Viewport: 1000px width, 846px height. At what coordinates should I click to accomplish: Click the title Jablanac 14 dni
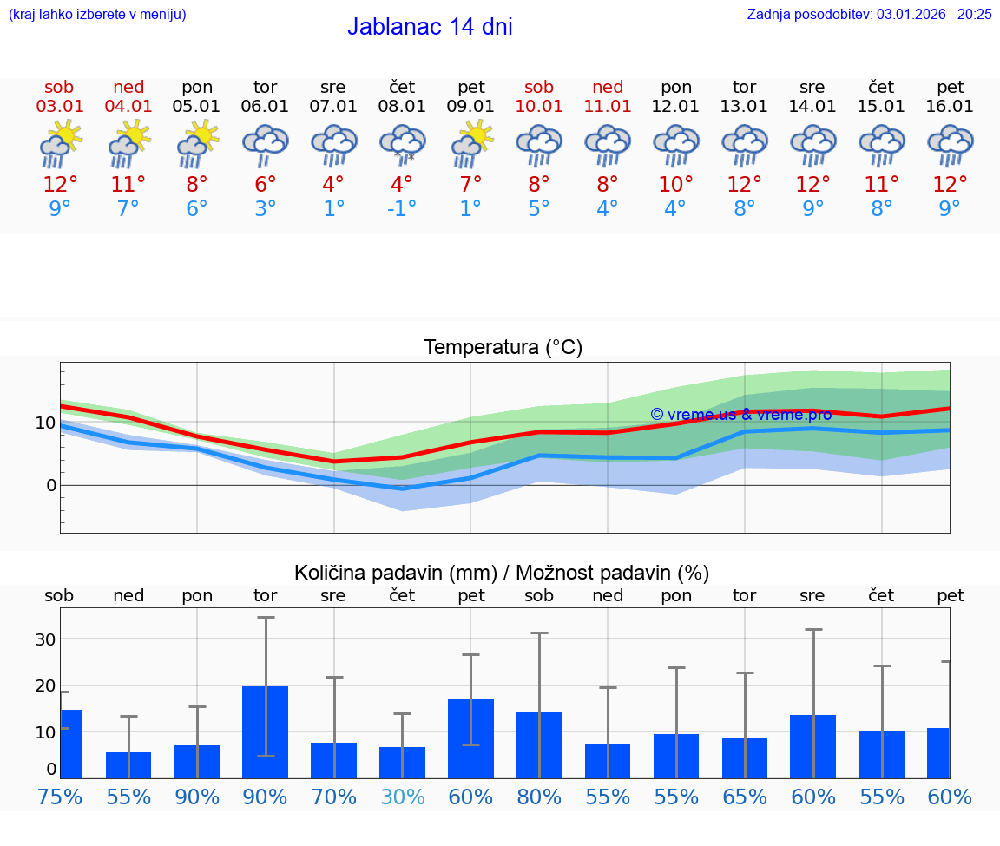[430, 27]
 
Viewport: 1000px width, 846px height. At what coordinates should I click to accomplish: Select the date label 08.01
[402, 107]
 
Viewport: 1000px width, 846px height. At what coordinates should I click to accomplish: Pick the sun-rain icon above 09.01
[471, 144]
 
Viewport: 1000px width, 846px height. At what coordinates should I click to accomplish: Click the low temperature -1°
[402, 209]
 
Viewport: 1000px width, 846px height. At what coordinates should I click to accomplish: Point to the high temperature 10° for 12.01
[675, 185]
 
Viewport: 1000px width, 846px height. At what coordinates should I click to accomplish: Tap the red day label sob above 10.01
[539, 88]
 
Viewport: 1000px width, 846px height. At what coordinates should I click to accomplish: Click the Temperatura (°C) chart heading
[503, 348]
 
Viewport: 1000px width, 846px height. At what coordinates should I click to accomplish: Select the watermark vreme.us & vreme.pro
[740, 415]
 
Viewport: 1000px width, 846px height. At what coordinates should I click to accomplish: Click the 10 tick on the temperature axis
[45, 423]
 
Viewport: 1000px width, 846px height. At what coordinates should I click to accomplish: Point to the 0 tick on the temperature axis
[51, 485]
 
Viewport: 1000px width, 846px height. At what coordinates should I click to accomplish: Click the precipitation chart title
[502, 573]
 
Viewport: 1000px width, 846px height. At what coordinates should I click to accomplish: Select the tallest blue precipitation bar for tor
[266, 731]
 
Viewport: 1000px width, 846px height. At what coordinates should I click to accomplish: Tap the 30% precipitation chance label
[403, 797]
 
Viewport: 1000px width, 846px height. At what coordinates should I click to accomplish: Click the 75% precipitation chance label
[60, 797]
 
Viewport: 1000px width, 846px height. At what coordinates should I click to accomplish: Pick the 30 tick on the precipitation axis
[45, 639]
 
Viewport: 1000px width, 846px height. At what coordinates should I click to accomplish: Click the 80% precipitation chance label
[539, 797]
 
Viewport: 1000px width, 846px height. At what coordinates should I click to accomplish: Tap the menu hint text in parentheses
[97, 14]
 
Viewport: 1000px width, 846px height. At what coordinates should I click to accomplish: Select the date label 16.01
[950, 107]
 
